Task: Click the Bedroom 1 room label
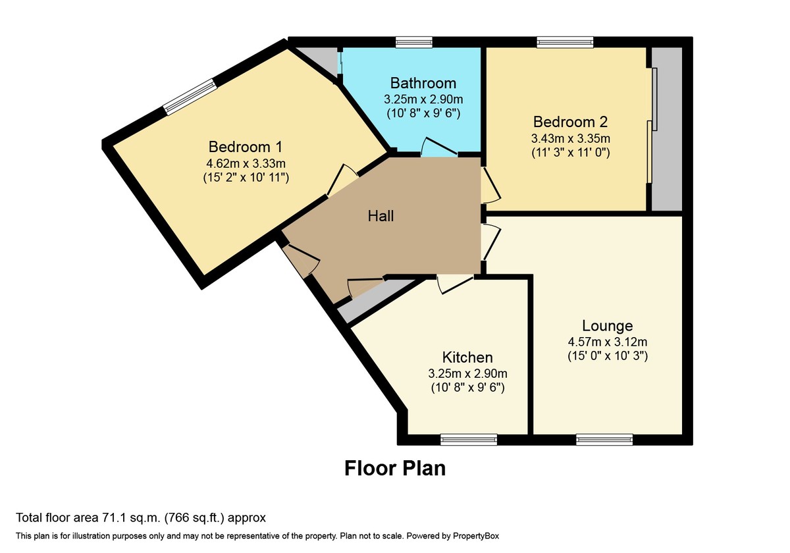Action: pos(246,147)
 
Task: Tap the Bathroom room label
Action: pos(423,83)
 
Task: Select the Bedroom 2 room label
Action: pos(570,122)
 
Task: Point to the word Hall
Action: pos(381,216)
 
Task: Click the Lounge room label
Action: pos(607,325)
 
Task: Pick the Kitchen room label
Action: pos(467,357)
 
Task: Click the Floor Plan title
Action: pos(395,468)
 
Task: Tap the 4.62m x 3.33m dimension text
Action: pos(246,164)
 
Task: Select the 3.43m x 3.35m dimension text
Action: pos(571,138)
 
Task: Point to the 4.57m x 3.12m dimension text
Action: pos(607,342)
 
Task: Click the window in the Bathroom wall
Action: pos(413,42)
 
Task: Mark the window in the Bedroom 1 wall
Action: pos(190,97)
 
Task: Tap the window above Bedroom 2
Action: pos(566,42)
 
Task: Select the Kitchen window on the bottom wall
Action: pos(469,440)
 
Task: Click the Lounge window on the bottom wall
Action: pos(604,440)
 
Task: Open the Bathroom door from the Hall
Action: pos(438,147)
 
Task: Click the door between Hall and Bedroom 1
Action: pos(342,180)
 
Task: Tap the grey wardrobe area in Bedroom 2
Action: pos(666,129)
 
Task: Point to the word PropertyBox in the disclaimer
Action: pos(476,536)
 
